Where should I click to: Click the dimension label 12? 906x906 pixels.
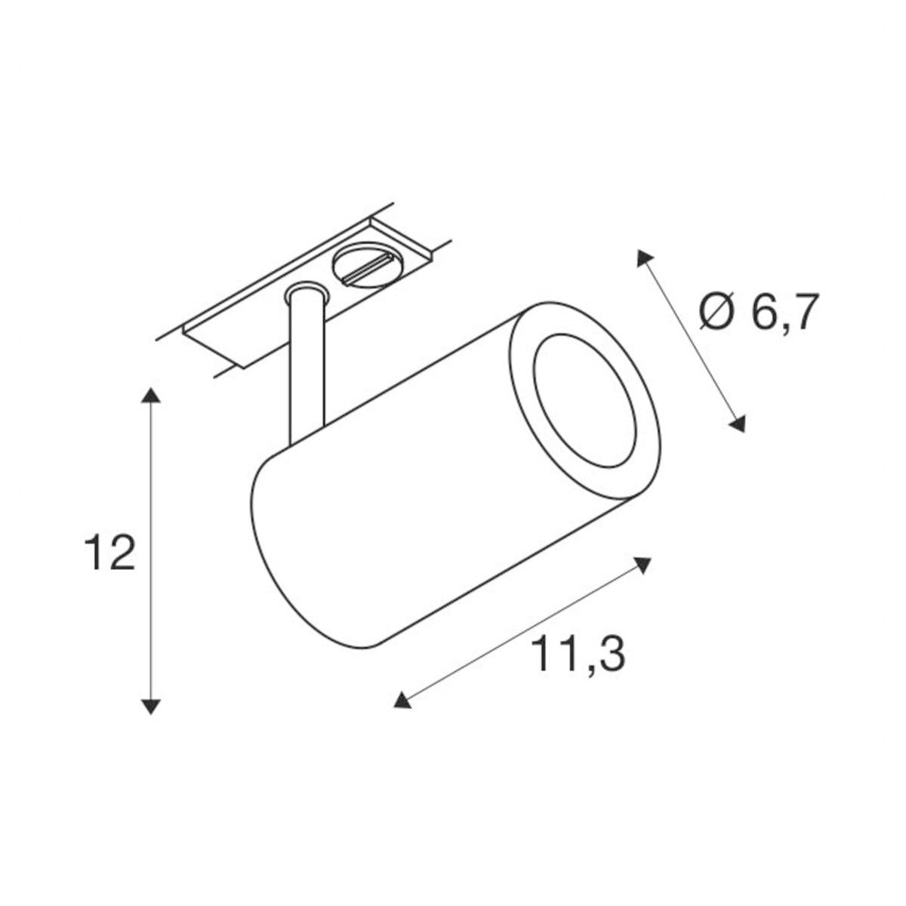pos(109,553)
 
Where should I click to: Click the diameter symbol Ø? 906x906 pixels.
pos(717,312)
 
